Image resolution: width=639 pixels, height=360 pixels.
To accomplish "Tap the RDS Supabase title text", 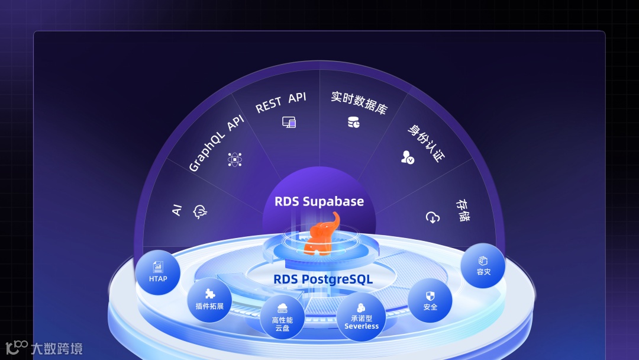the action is coord(319,201).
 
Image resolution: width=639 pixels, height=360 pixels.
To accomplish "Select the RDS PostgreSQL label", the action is coord(323,279).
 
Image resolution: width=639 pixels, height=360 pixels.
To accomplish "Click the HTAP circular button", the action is coord(158,272).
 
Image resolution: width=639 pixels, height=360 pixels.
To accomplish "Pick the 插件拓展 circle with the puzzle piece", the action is coord(209,300).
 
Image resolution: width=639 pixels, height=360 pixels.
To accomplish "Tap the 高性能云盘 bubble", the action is coord(282,318).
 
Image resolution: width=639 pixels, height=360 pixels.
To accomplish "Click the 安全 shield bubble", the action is coord(430,301).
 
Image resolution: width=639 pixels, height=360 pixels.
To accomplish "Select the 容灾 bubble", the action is coord(483,266).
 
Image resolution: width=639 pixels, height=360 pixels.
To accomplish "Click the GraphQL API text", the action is coord(216,143).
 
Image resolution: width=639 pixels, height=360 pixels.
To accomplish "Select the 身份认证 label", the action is coord(426,143).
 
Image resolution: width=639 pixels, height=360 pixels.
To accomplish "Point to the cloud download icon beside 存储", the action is coord(433,217).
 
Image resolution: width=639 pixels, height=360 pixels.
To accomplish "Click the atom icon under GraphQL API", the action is coord(235,159).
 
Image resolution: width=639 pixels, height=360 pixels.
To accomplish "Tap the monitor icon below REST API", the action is coord(289,123).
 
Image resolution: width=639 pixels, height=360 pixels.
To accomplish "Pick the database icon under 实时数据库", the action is coord(353,123).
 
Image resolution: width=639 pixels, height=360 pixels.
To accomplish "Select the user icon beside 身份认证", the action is coord(407,157).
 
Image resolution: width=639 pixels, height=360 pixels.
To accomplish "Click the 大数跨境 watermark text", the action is coord(57,349).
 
